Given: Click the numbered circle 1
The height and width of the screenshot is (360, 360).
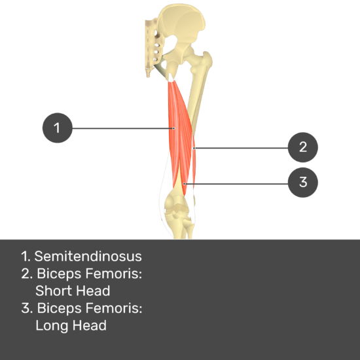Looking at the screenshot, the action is point(58,128).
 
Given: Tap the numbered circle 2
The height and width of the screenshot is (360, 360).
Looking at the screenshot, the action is point(303,147).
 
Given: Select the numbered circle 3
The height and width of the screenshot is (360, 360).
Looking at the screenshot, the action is point(303,183).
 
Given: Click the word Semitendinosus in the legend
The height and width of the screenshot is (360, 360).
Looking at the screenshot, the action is point(88,256).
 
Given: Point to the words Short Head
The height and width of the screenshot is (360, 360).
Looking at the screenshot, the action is point(73,291).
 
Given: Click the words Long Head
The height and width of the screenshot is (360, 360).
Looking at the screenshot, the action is point(71,325).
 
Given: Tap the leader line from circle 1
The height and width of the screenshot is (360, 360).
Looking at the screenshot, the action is point(123,128).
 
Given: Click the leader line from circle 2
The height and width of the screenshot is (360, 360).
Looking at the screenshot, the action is point(241,148).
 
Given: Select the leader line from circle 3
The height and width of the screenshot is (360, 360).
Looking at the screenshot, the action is point(236,184).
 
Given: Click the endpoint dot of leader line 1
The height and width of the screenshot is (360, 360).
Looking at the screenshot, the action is point(174,128).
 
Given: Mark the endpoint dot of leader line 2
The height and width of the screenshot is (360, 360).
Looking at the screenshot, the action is point(194,148).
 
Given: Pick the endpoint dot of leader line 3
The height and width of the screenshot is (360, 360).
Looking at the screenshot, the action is point(184,184).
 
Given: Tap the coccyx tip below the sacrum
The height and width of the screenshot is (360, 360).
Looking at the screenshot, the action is point(148,74).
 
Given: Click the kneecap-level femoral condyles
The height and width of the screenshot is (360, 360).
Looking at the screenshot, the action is point(178,203).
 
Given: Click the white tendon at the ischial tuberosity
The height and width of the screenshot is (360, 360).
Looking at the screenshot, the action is point(171,77).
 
